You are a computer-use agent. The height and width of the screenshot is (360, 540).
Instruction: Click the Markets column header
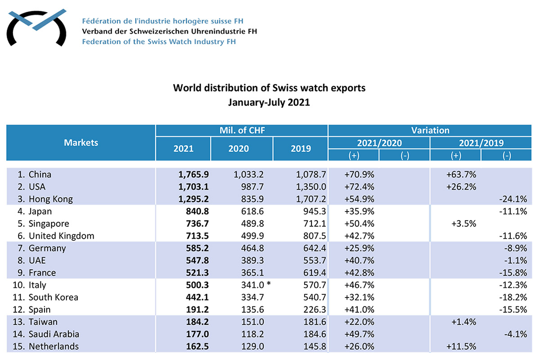(x=81, y=143)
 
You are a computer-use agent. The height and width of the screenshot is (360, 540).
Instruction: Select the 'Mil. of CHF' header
(x=242, y=130)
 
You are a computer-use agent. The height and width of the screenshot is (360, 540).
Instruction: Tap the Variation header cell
(x=430, y=130)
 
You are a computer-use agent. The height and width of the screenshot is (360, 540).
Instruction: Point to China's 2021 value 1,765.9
(x=193, y=174)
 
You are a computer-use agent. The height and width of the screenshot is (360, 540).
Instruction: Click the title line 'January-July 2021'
(x=269, y=102)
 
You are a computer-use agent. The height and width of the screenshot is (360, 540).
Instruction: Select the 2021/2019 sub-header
(x=481, y=143)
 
